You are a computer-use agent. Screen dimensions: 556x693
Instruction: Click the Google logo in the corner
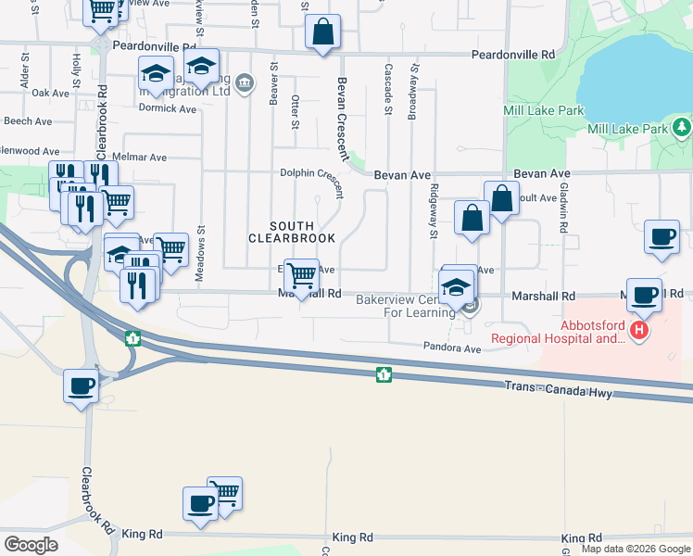click(x=31, y=545)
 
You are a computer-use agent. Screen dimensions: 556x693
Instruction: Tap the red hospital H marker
click(x=638, y=330)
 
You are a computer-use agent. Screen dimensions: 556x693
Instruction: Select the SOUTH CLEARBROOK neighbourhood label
click(x=284, y=233)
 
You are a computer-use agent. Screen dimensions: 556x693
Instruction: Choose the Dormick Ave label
click(x=168, y=108)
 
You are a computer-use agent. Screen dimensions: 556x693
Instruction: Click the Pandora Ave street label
click(x=452, y=348)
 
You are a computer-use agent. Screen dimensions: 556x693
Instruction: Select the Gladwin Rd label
click(x=562, y=208)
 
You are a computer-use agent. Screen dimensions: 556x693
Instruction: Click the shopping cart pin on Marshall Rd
click(x=300, y=274)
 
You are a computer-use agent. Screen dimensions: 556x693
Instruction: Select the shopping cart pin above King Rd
click(x=224, y=493)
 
